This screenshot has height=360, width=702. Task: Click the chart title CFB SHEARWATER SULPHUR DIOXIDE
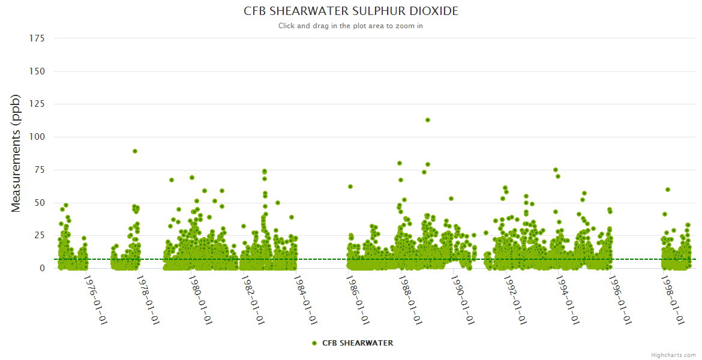point(351,11)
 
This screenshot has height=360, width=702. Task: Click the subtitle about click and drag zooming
point(351,26)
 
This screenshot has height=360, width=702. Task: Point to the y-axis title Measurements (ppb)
point(16,153)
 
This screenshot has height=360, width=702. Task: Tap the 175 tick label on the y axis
point(37,38)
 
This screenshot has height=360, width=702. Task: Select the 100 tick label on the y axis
point(37,137)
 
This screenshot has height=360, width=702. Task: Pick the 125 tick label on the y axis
point(37,104)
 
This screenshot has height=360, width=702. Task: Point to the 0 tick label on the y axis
point(42,268)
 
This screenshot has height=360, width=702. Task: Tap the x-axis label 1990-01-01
point(461,300)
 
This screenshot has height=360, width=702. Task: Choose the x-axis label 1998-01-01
point(671,300)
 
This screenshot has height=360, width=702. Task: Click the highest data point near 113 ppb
point(428,120)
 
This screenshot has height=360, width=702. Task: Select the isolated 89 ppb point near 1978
point(136,151)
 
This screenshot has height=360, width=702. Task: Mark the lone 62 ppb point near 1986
point(350,187)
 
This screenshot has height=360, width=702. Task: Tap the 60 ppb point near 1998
point(668,190)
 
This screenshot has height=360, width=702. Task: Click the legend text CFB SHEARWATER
point(358,343)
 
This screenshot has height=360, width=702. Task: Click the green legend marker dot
point(314,343)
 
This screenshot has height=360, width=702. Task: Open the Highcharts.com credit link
point(673,355)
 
